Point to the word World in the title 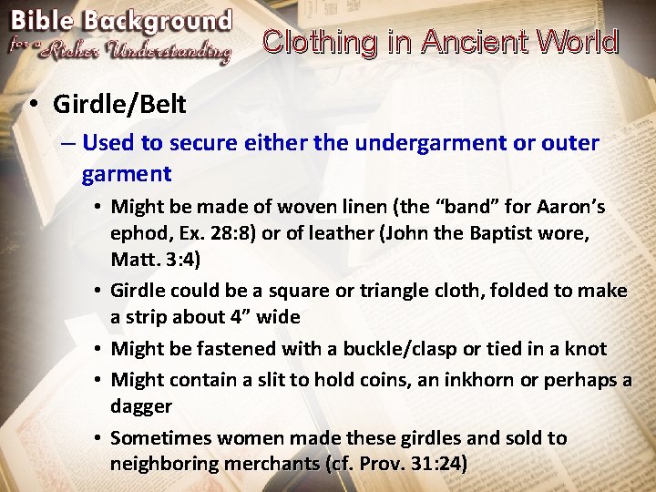coord(577,42)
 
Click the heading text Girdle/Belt coord(119,104)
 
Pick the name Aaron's coord(569,207)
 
